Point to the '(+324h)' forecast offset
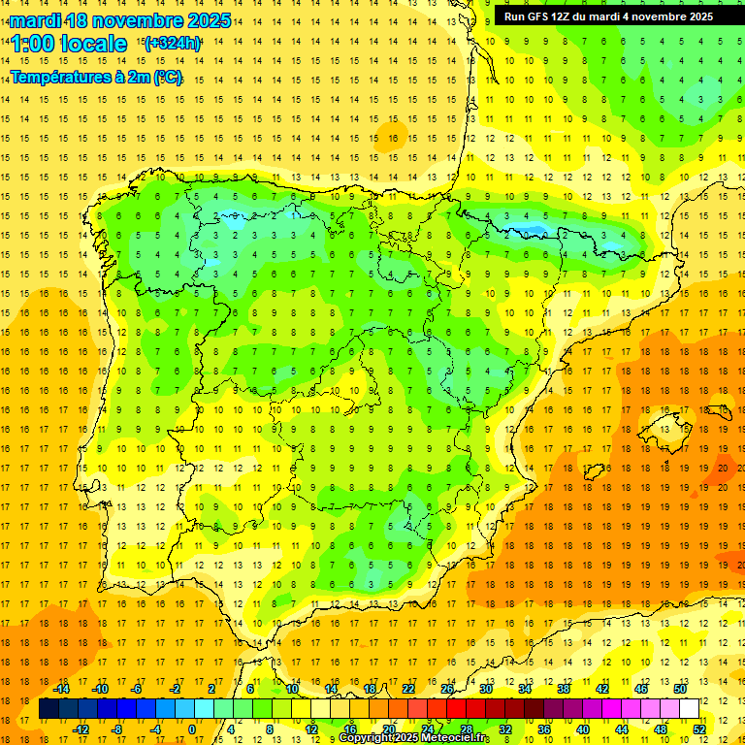[x=173, y=44]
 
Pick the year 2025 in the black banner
[x=696, y=16]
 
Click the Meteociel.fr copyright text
[x=414, y=738]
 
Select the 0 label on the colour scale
[x=191, y=729]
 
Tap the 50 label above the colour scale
[x=680, y=689]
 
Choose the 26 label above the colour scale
[x=447, y=689]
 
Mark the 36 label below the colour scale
[x=544, y=729]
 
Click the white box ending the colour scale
[x=690, y=709]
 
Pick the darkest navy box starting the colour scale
[x=49, y=709]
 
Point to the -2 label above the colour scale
[x=175, y=689]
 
